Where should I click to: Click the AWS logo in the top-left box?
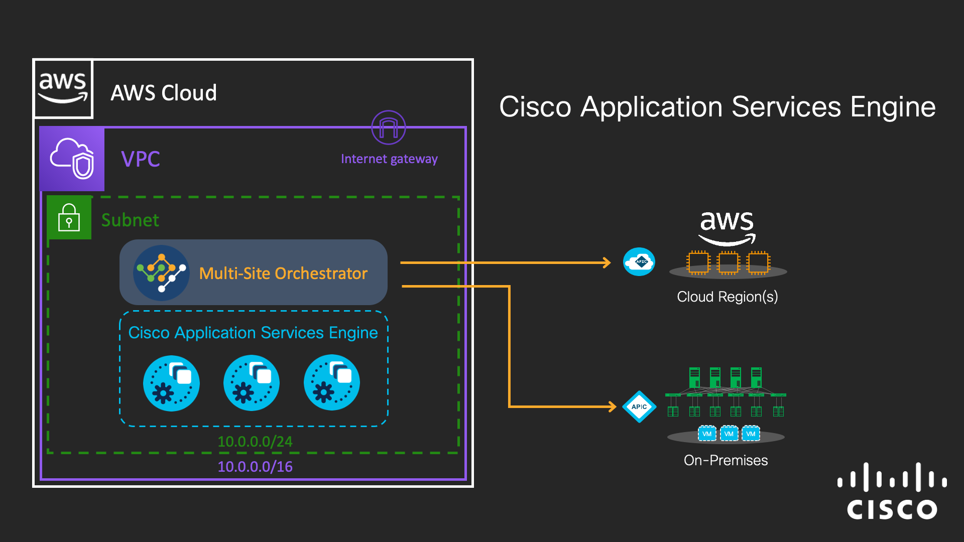63,88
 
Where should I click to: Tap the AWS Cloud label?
164,93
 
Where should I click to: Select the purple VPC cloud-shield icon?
72,159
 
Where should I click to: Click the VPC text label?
141,159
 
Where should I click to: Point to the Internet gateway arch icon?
388,127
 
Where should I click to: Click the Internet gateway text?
389,159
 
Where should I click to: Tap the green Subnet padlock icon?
69,217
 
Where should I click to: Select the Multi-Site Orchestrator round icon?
161,273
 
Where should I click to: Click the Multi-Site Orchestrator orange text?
283,273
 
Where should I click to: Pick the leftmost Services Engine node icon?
171,383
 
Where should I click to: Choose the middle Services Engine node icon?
252,383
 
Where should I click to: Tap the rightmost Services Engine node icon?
332,383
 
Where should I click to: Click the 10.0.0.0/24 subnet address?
255,441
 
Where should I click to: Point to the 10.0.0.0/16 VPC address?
255,467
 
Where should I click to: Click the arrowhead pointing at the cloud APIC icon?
607,262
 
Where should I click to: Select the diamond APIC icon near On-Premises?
639,406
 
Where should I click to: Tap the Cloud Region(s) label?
727,297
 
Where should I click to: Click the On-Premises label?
726,460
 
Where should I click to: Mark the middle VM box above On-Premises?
729,434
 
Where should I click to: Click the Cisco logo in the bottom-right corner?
892,492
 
